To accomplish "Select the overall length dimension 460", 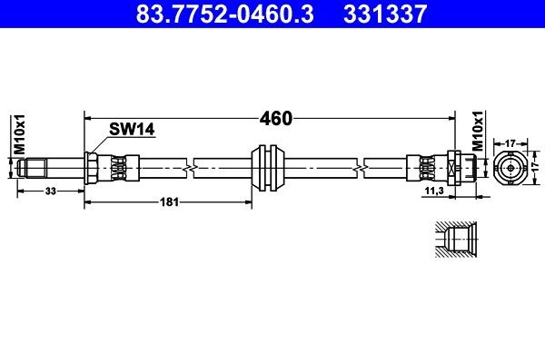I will pos(275,118).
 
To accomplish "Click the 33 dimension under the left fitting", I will pos(50,191).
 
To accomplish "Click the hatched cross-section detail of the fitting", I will pos(451,242).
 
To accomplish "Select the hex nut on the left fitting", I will pos(92,167).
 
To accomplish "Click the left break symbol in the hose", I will pos(189,167).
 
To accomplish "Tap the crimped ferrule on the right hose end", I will pos(424,167).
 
